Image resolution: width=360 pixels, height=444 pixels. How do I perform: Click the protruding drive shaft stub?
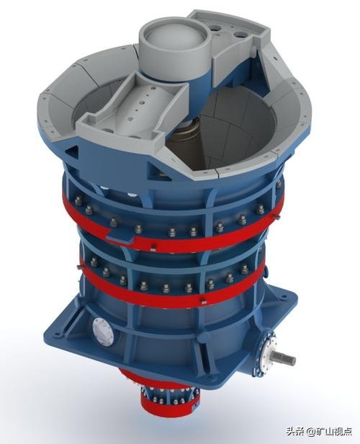284,358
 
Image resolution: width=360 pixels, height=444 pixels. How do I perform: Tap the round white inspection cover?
103,331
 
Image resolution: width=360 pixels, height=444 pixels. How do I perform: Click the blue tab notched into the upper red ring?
120,235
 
